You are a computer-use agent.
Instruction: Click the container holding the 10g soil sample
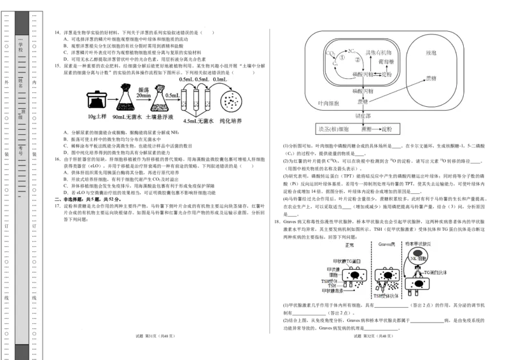pyautogui.click(x=96, y=100)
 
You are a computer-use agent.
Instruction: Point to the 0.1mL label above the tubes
pyautogui.click(x=221, y=79)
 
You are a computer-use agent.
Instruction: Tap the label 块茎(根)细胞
pyautogui.click(x=333, y=129)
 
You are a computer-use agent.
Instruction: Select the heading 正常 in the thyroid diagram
pyautogui.click(x=349, y=245)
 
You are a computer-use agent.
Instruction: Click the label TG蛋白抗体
pyautogui.click(x=436, y=272)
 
